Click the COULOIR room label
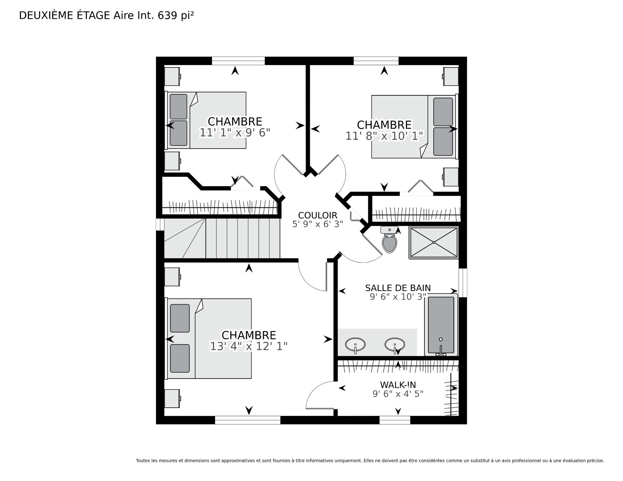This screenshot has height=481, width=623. (318, 215)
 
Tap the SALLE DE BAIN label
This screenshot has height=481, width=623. (398, 288)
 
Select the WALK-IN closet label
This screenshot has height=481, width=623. (398, 385)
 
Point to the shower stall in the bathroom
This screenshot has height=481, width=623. (434, 243)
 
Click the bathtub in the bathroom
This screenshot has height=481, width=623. (441, 325)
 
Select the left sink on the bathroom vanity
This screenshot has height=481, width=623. (355, 345)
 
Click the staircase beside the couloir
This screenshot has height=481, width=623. (222, 238)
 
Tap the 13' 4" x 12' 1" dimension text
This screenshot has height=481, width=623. (249, 346)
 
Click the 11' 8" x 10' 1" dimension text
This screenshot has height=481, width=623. (385, 136)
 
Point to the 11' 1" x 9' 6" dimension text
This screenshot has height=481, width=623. (235, 133)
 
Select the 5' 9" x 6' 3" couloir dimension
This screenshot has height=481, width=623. (318, 224)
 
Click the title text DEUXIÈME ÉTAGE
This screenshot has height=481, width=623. (65, 16)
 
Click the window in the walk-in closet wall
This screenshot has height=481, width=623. (395, 420)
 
